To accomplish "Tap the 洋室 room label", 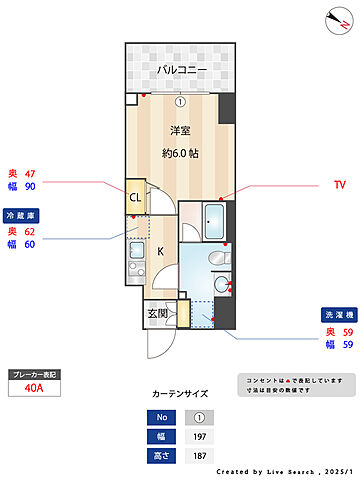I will [180, 130].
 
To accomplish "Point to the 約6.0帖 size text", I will [180, 152].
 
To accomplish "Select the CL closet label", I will [135, 197].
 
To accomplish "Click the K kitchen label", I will [159, 253].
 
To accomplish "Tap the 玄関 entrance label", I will [159, 313].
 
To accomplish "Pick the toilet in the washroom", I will [218, 260].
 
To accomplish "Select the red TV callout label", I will [339, 185].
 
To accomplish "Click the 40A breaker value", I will [33, 389].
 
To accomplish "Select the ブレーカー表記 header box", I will [33, 374].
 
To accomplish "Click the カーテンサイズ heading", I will [180, 395].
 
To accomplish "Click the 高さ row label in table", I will [160, 455].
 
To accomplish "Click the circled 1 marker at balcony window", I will [180, 100].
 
